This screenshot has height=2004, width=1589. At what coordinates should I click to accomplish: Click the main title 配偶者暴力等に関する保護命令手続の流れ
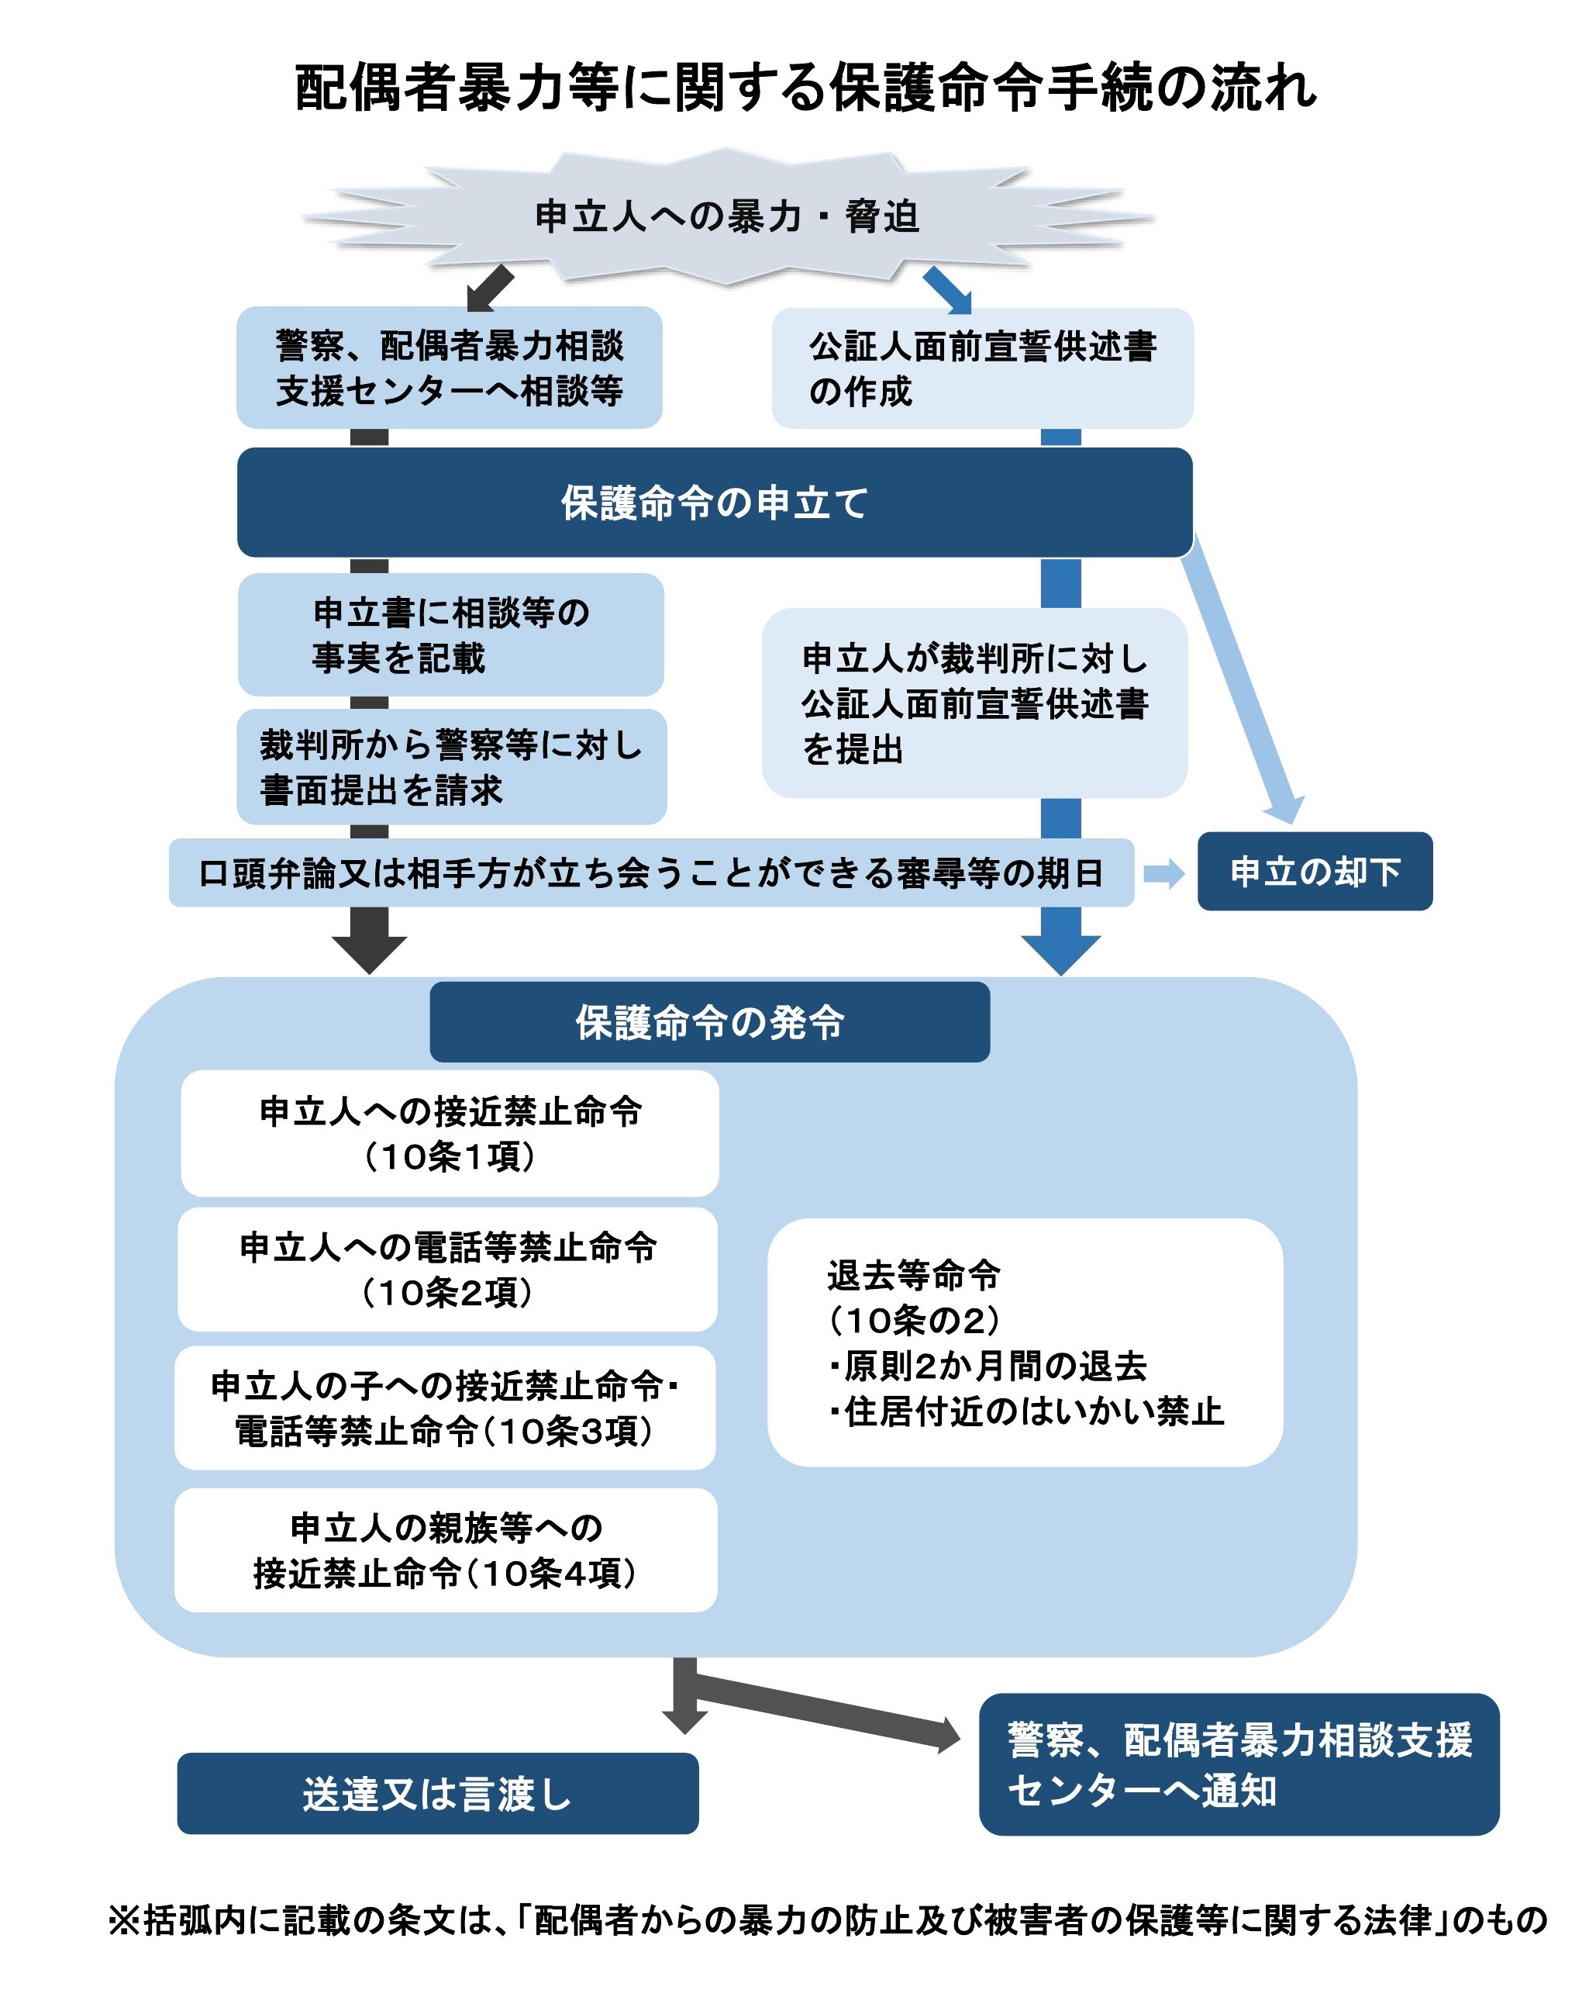805,88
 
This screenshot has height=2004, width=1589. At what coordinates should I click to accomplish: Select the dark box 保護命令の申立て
714,503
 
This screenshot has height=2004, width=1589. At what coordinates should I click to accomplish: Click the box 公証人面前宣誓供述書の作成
981,368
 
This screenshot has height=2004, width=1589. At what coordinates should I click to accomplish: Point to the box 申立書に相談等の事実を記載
450,635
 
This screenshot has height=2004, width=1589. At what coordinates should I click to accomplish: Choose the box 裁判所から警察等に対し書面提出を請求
452,767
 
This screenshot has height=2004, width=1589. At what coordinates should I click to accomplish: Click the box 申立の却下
1314,871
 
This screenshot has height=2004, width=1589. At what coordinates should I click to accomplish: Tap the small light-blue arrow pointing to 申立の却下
1163,872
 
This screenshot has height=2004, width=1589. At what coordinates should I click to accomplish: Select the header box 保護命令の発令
709,1021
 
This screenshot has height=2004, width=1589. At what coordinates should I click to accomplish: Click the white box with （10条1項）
450,1133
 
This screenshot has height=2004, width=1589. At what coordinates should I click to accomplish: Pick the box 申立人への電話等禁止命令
447,1269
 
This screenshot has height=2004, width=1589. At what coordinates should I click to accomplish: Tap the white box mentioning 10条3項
445,1408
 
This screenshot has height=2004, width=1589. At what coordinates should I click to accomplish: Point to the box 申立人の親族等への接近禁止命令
445,1550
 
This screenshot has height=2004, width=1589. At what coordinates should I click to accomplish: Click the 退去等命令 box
1024,1342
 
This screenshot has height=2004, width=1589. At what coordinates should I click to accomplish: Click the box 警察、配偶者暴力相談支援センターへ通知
1238,1764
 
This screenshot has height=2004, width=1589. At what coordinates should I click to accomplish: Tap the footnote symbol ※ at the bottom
122,1919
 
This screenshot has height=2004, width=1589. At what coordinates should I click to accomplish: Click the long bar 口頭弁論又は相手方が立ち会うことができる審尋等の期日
650,872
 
